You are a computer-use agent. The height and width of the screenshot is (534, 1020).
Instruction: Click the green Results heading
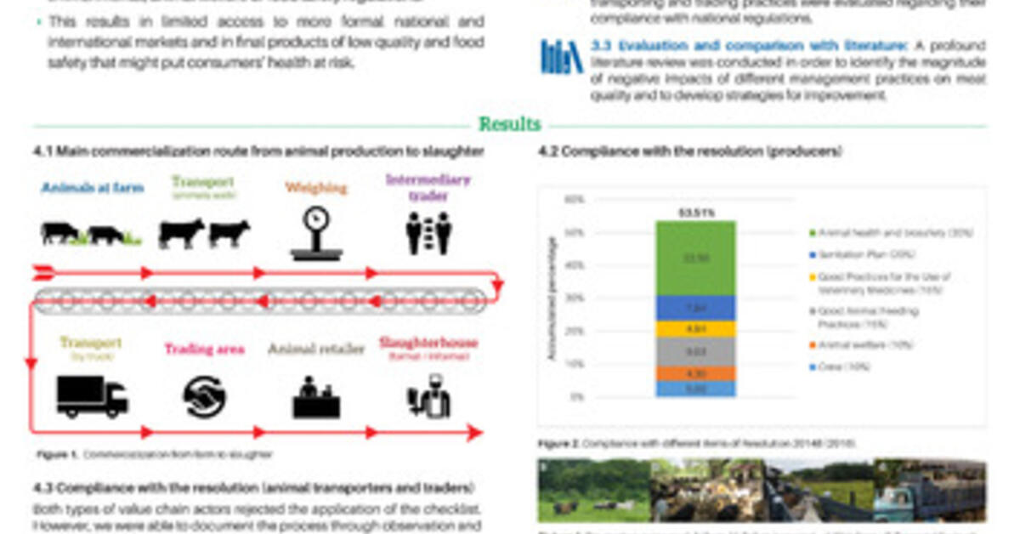(x=509, y=124)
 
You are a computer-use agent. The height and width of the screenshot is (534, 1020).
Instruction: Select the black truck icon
(x=92, y=397)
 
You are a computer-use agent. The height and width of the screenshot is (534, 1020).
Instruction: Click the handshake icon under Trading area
(x=204, y=397)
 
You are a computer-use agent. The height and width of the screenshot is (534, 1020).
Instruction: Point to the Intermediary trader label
(x=428, y=187)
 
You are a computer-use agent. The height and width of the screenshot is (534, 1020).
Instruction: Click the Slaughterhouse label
(x=428, y=344)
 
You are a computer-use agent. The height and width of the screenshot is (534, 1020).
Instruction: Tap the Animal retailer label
(x=316, y=349)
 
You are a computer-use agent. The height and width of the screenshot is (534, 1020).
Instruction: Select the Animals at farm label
(x=93, y=188)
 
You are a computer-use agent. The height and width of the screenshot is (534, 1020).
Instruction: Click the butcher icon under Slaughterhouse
(x=428, y=398)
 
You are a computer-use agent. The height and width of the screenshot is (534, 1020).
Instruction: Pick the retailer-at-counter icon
(x=316, y=398)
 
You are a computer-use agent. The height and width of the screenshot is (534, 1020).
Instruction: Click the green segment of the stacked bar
(x=695, y=258)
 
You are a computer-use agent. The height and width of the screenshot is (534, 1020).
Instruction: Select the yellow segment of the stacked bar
(x=695, y=328)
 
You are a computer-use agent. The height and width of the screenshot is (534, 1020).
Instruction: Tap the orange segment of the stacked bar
(x=695, y=373)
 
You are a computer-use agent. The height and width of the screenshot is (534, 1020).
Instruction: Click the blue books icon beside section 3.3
(x=562, y=57)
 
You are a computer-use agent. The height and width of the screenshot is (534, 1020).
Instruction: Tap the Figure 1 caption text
(x=154, y=455)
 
